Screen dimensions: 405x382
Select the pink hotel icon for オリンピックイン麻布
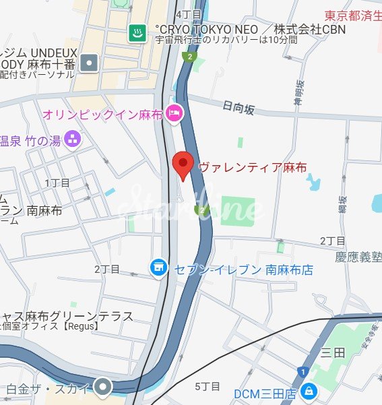click(x=174, y=114)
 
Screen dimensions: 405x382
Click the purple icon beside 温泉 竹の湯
click(x=73, y=139)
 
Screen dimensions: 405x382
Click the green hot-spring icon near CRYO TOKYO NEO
click(x=137, y=32)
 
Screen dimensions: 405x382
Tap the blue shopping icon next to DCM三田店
click(x=308, y=390)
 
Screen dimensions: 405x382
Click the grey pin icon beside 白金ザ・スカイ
click(x=102, y=387)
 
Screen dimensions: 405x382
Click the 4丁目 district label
click(x=188, y=14)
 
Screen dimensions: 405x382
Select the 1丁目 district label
click(x=57, y=183)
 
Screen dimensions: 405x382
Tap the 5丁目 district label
click(x=208, y=386)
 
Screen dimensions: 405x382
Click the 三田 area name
click(x=333, y=352)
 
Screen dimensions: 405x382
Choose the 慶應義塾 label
click(x=358, y=257)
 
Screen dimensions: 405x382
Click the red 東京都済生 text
click(x=352, y=15)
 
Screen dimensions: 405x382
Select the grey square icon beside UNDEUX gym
click(x=89, y=63)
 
